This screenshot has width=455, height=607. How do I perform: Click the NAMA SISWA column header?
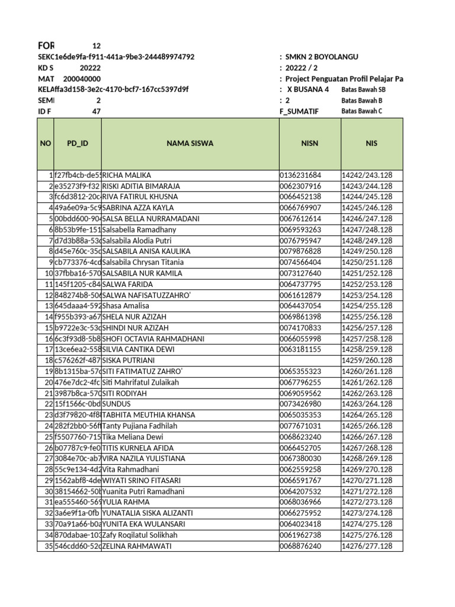[190, 143]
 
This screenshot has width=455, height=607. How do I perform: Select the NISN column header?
[310, 143]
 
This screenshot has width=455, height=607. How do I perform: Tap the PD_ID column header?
[77, 143]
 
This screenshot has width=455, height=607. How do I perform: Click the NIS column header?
[371, 143]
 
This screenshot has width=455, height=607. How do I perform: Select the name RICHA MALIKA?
[127, 175]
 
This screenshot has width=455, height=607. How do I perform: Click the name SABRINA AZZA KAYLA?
[138, 208]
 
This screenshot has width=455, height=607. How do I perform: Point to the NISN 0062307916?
[300, 186]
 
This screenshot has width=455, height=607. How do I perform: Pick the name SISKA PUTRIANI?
[129, 360]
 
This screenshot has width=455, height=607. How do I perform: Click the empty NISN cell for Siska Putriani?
[309, 360]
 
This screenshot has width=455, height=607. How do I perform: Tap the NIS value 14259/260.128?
[367, 360]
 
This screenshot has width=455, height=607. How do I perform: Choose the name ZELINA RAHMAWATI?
[135, 546]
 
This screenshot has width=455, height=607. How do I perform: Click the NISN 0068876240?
[300, 546]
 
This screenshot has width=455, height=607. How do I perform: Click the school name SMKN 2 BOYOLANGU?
[322, 57]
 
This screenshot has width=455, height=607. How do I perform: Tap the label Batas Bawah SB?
[363, 90]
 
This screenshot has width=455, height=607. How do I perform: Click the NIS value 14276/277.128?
[367, 546]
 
